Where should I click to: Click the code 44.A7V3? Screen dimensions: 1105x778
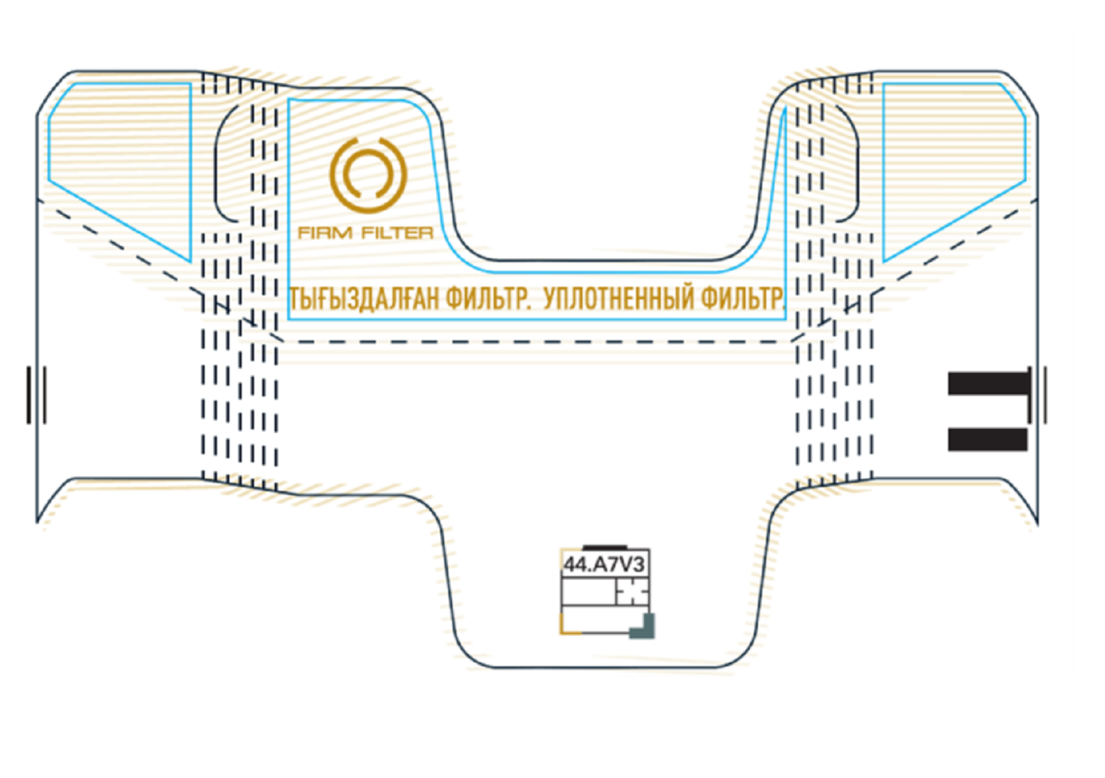click(604, 565)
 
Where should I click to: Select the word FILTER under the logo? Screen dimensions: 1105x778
click(398, 233)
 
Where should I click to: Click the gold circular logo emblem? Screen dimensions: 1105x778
click(368, 175)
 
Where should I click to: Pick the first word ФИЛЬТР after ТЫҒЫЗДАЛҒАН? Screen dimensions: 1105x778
click(488, 299)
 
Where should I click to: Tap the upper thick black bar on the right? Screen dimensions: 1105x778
click(989, 384)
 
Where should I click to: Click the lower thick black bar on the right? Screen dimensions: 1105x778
click(987, 440)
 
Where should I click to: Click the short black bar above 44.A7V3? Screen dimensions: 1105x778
click(605, 547)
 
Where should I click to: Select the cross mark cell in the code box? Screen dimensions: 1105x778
click(632, 591)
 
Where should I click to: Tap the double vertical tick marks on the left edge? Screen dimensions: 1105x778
click(36, 394)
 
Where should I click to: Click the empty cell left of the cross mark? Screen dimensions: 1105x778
click(589, 591)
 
